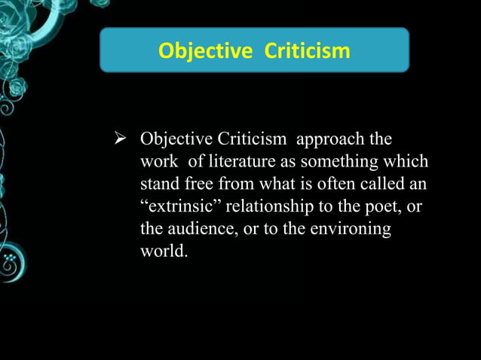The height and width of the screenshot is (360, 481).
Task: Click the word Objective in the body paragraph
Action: point(176,141)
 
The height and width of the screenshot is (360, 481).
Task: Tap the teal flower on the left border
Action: point(10,264)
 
